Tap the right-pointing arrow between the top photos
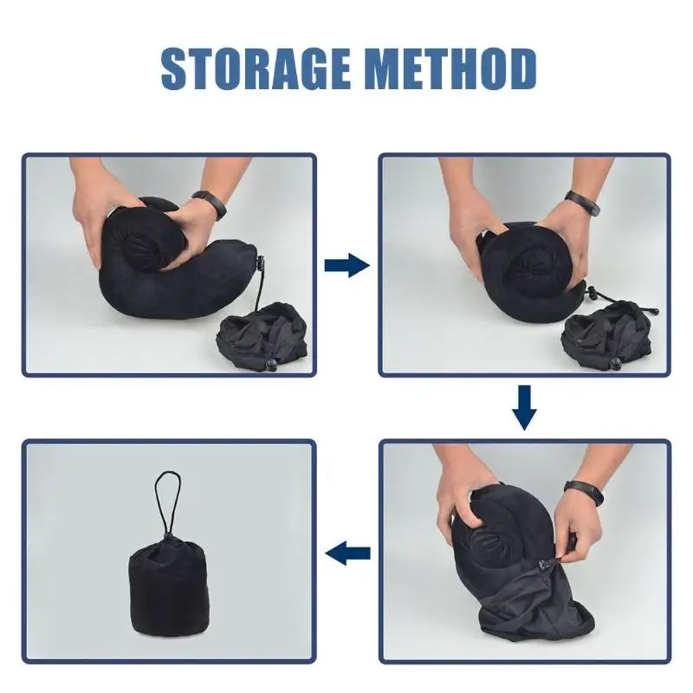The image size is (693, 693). (x=347, y=265)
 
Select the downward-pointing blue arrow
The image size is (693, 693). (x=524, y=407)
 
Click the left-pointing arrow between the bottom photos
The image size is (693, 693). (x=347, y=553)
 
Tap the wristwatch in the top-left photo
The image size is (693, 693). (x=210, y=204)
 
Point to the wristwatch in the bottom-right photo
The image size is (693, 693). (x=583, y=493)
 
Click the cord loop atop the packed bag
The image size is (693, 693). (x=167, y=504)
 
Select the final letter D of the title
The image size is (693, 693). (x=522, y=69)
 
